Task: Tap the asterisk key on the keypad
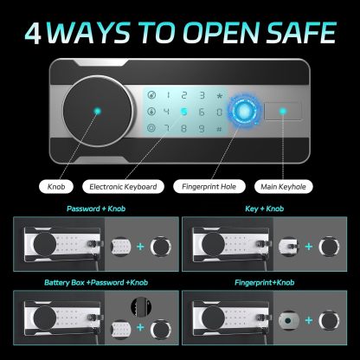219,94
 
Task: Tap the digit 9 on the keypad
219,112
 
